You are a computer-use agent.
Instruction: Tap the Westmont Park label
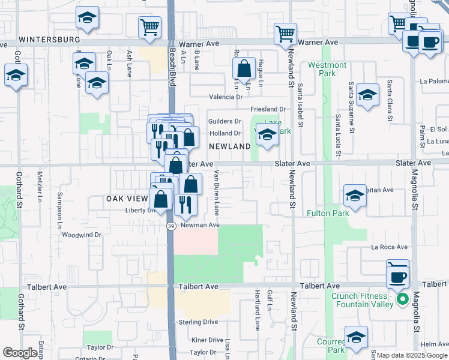[327, 69]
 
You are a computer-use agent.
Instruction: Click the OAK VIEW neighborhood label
[127, 199]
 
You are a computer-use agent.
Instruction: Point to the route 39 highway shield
[171, 226]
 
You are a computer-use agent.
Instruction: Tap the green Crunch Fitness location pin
[402, 298]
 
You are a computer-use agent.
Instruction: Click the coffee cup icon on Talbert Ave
[398, 275]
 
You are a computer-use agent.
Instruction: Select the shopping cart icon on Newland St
[285, 34]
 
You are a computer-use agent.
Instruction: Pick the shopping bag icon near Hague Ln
[244, 70]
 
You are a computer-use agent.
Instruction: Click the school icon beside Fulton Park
[355, 196]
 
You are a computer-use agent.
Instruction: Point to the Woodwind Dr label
[81, 235]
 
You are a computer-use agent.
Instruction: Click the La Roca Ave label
[389, 247]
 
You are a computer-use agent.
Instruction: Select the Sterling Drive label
[198, 322]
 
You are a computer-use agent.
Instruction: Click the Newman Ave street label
[200, 225]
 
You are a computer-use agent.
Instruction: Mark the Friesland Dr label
[267, 109]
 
